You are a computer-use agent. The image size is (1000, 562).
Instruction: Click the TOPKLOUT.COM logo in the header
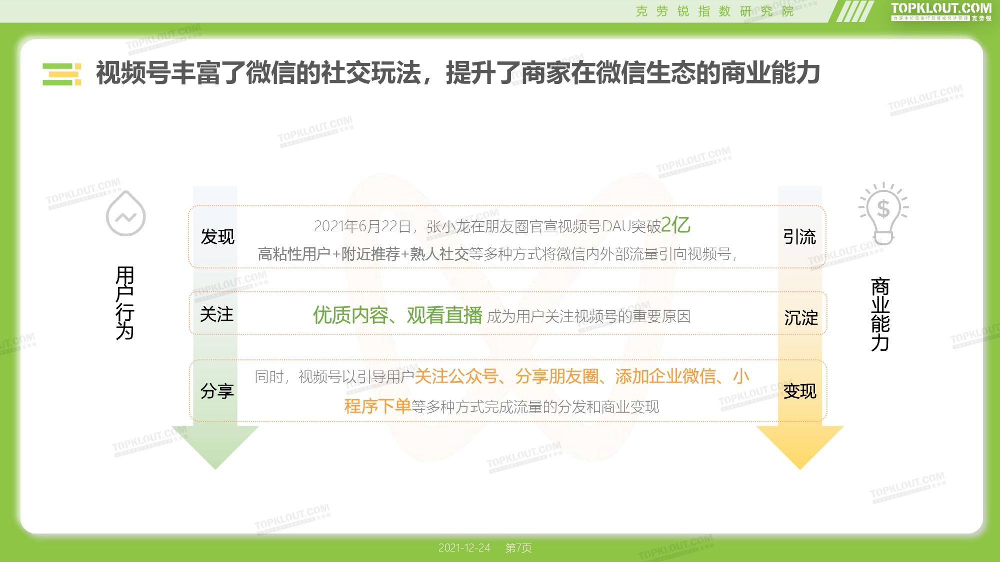pyautogui.click(x=941, y=11)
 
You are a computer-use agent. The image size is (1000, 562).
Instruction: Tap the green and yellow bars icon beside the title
pyautogui.click(x=62, y=74)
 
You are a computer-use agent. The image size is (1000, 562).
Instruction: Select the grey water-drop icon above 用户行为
pyautogui.click(x=125, y=213)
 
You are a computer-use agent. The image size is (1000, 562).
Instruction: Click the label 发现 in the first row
pyautogui.click(x=217, y=237)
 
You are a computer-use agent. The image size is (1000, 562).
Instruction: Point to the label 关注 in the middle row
pyautogui.click(x=217, y=315)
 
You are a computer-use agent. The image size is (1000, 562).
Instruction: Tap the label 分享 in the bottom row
pyautogui.click(x=217, y=391)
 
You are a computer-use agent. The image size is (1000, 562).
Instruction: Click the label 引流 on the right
pyautogui.click(x=799, y=237)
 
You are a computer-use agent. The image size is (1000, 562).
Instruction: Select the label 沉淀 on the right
pyautogui.click(x=801, y=318)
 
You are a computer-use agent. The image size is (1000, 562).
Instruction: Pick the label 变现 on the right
pyautogui.click(x=800, y=391)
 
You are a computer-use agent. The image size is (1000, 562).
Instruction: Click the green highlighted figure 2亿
pyautogui.click(x=675, y=225)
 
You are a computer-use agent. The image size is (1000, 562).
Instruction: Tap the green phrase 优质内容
pyautogui.click(x=350, y=315)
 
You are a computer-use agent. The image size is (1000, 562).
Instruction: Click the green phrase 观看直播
pyautogui.click(x=444, y=315)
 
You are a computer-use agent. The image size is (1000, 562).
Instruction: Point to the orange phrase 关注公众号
pyautogui.click(x=456, y=376)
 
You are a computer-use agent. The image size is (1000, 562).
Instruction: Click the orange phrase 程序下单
pyautogui.click(x=377, y=406)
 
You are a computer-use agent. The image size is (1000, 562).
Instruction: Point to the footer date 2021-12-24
pyautogui.click(x=464, y=548)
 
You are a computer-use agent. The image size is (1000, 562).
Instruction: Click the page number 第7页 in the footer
pyautogui.click(x=518, y=548)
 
